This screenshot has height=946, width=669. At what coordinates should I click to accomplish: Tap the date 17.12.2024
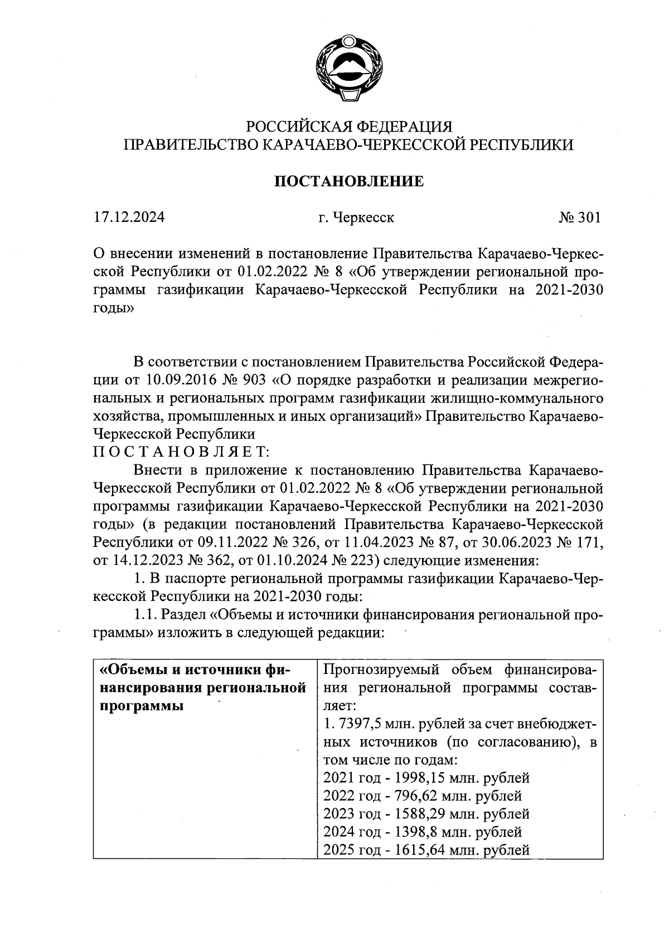point(129,217)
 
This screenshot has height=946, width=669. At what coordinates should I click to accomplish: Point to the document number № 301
point(580,217)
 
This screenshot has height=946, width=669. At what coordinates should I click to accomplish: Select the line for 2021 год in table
point(426,778)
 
